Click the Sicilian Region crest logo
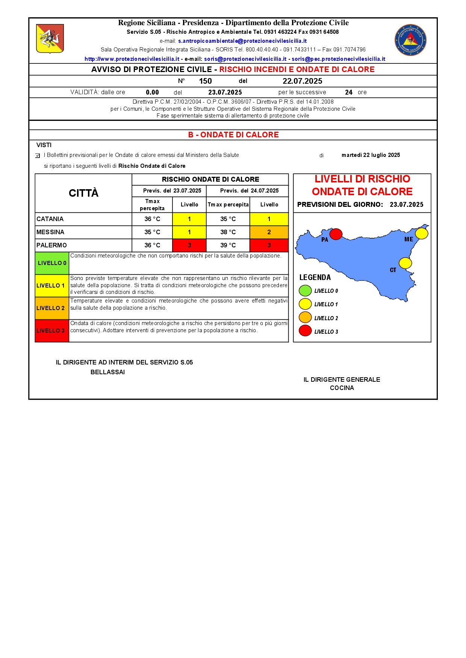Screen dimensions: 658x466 [50, 39]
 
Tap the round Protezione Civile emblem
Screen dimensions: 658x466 [410, 40]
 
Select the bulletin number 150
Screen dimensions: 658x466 [205, 81]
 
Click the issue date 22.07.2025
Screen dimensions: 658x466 [302, 81]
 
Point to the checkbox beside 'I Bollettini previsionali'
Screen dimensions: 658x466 [38, 156]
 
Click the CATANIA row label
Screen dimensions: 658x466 [50, 219]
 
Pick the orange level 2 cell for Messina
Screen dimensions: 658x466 [269, 232]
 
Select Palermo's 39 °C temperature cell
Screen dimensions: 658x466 [228, 245]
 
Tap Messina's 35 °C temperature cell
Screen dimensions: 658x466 [152, 232]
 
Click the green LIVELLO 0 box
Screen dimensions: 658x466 [52, 263]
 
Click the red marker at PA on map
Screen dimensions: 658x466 [336, 234]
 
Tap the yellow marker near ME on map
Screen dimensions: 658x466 [422, 233]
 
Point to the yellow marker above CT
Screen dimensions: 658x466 [405, 263]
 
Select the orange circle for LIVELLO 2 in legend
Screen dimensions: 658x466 [305, 318]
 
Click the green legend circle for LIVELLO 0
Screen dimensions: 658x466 [305, 291]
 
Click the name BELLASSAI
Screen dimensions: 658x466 [107, 372]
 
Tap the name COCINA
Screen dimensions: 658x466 [342, 388]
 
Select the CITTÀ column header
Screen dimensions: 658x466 [83, 193]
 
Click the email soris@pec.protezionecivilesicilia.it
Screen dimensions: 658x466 [338, 59]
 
